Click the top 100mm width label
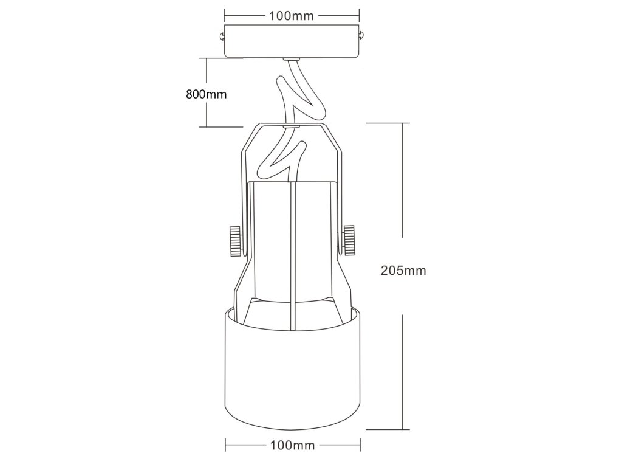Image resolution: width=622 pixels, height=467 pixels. [292, 16]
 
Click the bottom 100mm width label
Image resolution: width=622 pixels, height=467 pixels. [292, 445]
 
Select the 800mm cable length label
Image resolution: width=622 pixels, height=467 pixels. [206, 94]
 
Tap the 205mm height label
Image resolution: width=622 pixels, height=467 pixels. [403, 271]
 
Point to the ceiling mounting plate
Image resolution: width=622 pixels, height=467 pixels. [292, 41]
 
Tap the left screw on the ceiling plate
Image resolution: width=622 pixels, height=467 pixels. [221, 36]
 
